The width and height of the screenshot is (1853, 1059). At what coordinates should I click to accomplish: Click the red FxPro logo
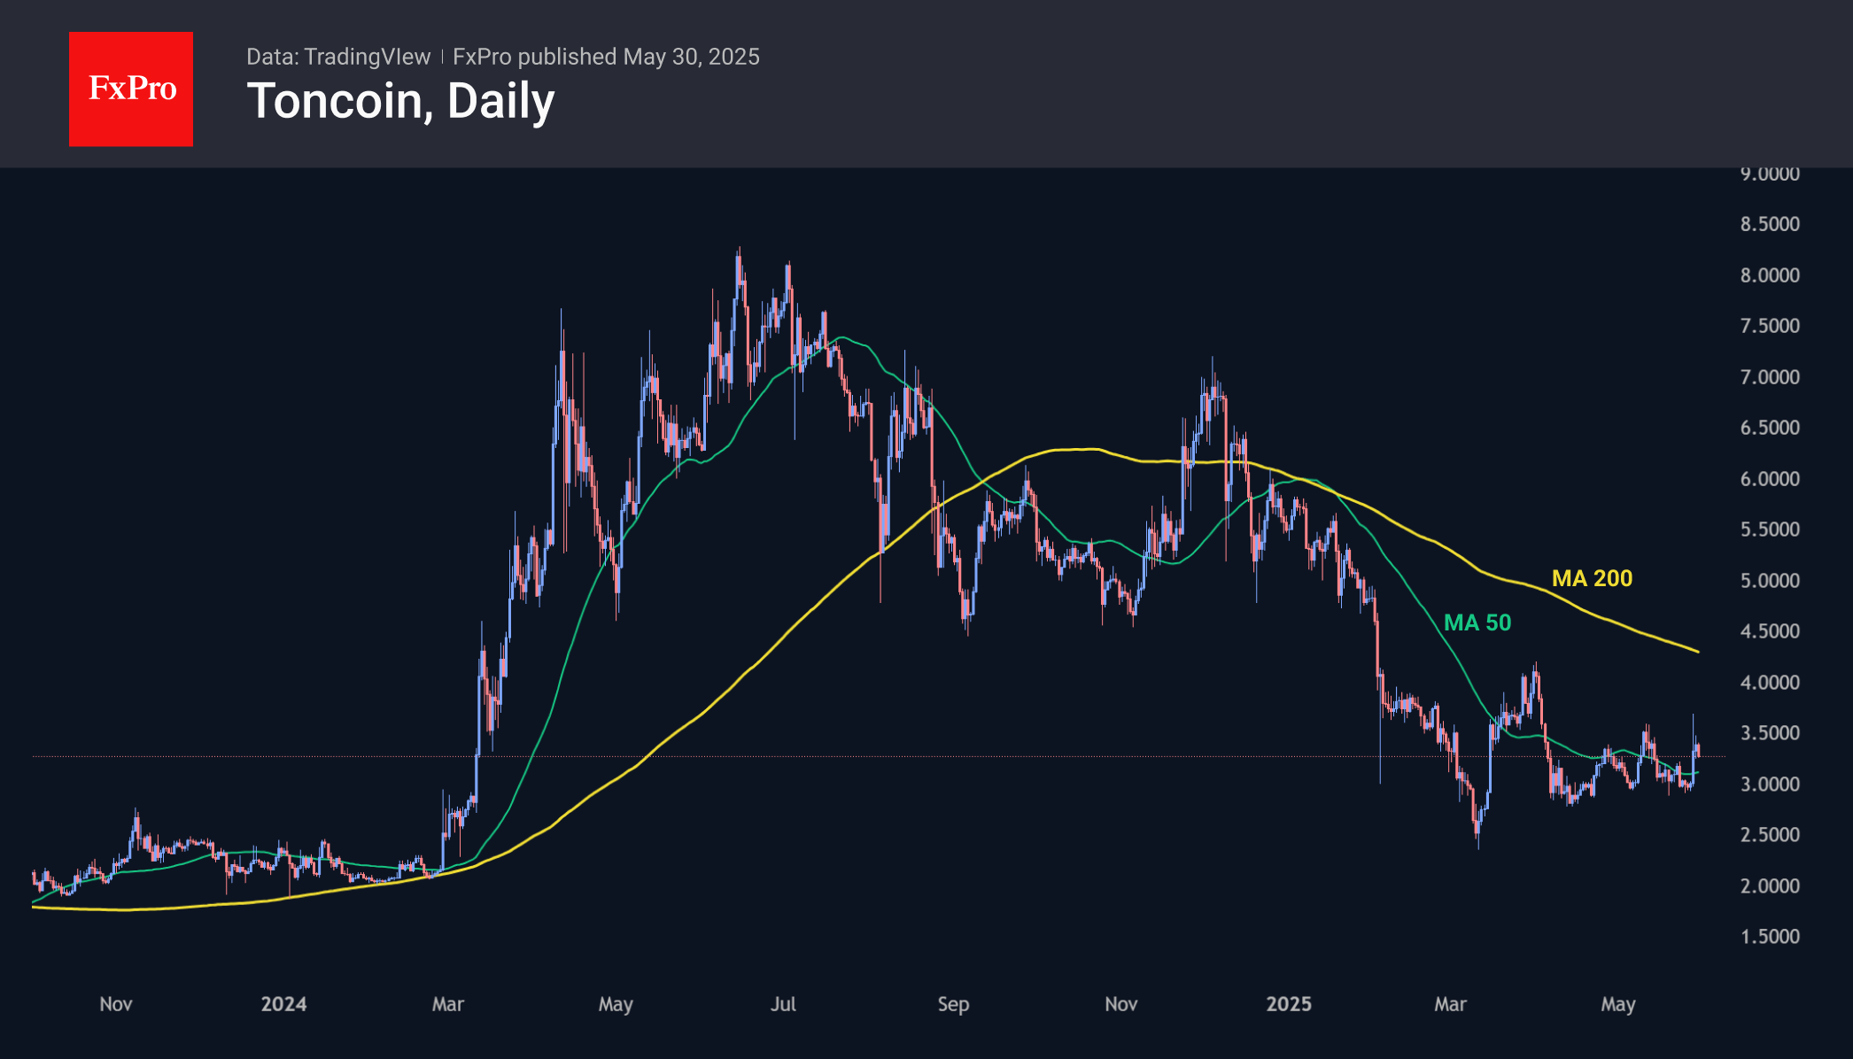tap(131, 89)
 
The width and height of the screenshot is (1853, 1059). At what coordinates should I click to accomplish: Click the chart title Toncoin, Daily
tap(400, 101)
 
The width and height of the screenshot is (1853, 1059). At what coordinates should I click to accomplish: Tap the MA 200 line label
tap(1592, 578)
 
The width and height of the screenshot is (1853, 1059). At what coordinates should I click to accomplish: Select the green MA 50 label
tap(1477, 622)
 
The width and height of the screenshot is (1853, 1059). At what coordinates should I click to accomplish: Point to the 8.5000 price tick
tap(1770, 224)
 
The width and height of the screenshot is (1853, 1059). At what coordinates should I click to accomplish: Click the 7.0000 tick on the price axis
tap(1770, 377)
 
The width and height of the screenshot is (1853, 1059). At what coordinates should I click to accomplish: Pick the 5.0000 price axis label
tap(1770, 581)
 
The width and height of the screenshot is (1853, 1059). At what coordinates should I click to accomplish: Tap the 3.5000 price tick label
tap(1770, 733)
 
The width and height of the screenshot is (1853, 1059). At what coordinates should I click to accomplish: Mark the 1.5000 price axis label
tap(1770, 937)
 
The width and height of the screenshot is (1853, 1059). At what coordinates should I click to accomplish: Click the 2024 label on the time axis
tap(283, 1004)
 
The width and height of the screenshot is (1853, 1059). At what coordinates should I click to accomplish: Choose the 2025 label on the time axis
tap(1289, 1004)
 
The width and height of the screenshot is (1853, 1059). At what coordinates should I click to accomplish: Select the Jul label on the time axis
tap(783, 1004)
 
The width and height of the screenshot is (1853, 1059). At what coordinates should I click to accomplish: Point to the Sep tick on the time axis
tap(953, 1004)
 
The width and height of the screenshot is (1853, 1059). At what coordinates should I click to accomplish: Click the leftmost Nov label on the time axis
tap(116, 1004)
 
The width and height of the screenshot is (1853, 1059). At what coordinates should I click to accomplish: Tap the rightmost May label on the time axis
tap(1617, 1004)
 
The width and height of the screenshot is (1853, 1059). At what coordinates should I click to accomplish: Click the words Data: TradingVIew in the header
tap(338, 57)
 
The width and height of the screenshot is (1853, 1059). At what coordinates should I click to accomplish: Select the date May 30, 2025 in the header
tap(691, 57)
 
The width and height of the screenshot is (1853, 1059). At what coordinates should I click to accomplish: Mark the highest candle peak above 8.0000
tap(739, 250)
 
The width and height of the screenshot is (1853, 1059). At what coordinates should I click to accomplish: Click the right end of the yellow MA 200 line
tap(1697, 652)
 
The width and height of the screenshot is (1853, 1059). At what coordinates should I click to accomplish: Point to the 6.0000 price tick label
tap(1770, 479)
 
